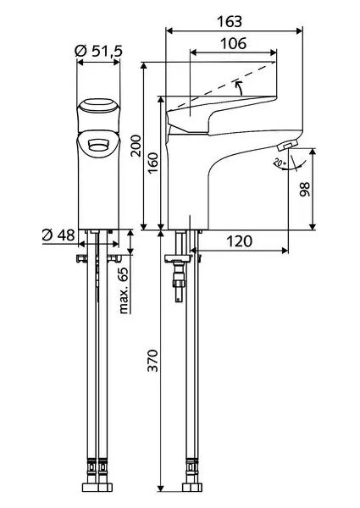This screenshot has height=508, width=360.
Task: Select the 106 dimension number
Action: tap(233, 43)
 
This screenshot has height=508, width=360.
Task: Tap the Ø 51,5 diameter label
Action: tap(98, 51)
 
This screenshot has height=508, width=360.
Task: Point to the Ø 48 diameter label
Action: tap(58, 235)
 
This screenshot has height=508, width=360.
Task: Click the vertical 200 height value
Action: tap(136, 146)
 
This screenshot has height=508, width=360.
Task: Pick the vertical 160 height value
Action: tap(153, 163)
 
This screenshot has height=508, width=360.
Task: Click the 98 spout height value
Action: tap(305, 189)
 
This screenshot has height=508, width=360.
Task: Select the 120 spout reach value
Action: tap(239, 241)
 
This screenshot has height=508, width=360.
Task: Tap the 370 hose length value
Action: tap(152, 361)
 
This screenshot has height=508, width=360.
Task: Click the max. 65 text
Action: tap(124, 291)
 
